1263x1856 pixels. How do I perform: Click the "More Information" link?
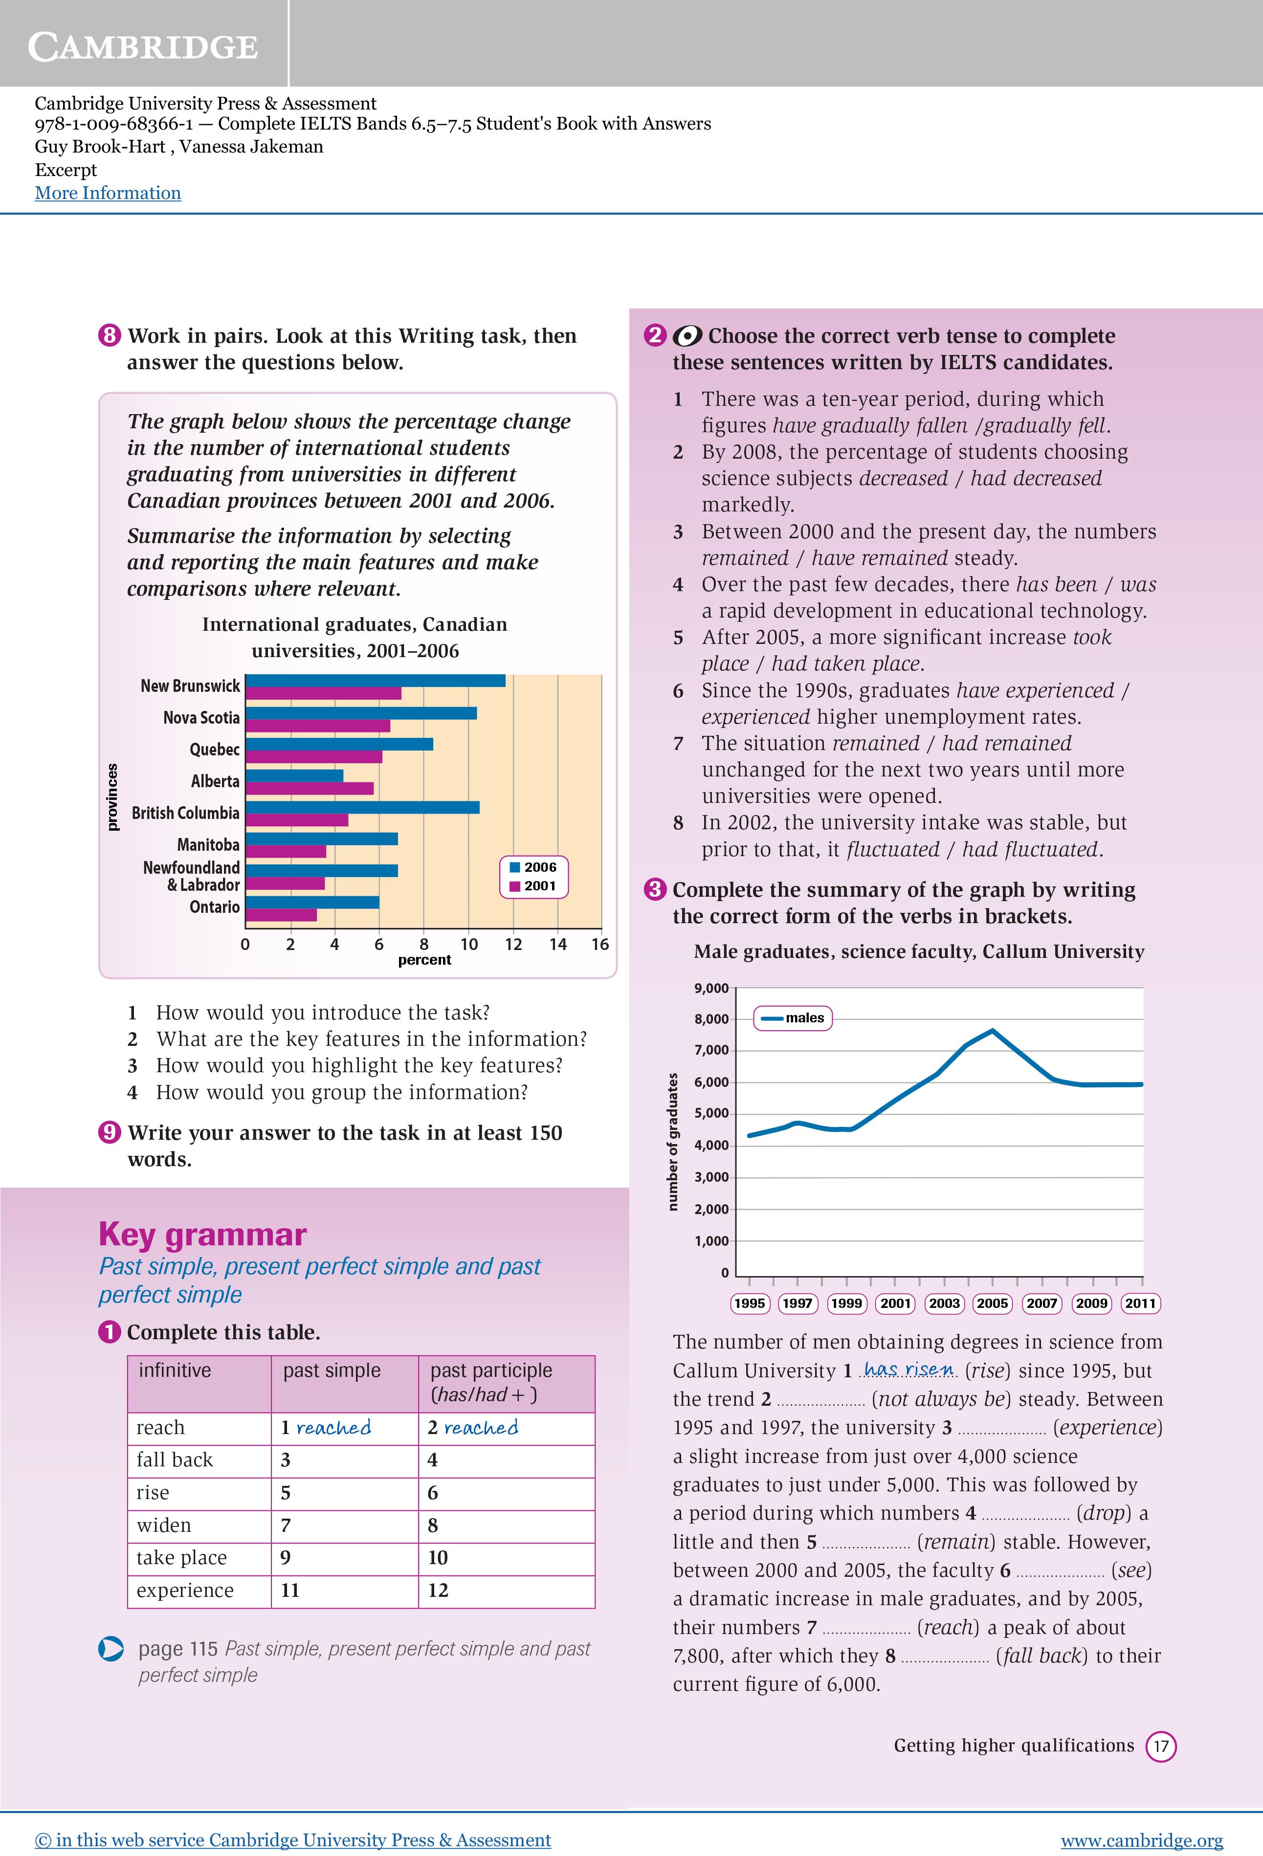[x=108, y=193]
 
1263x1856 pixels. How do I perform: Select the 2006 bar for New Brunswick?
[x=376, y=681]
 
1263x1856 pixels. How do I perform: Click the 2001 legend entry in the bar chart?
[x=533, y=885]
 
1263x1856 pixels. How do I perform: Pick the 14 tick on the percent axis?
[x=557, y=945]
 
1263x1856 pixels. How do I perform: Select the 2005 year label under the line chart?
[x=992, y=1304]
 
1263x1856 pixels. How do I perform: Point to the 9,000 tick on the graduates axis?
[x=711, y=989]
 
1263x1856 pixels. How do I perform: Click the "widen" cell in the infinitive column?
[x=164, y=1525]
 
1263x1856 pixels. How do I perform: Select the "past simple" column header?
[x=332, y=1370]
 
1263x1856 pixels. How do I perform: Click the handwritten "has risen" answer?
[x=909, y=1370]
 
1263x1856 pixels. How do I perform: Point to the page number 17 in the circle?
[x=1161, y=1746]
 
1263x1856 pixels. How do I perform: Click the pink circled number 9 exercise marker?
[x=110, y=1132]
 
